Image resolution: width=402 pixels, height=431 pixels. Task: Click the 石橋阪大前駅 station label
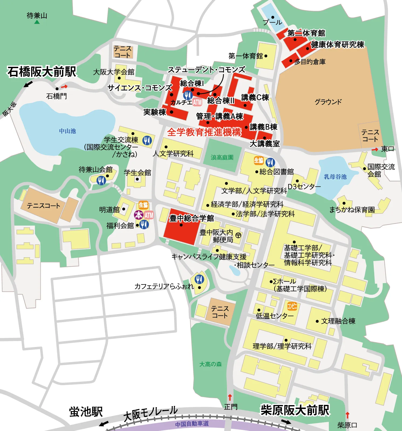pyautogui.click(x=42, y=72)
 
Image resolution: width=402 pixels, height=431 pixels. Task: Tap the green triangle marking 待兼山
pyautogui.click(x=37, y=22)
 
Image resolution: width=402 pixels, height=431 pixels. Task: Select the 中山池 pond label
pyautogui.click(x=67, y=131)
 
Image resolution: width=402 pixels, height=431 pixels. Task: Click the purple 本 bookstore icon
pyautogui.click(x=139, y=215)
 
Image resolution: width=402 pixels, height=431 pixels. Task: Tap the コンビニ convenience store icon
pyautogui.click(x=292, y=306)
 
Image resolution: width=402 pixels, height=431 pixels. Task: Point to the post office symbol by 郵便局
pyautogui.click(x=238, y=235)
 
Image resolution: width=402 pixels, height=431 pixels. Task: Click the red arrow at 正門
pyautogui.click(x=230, y=397)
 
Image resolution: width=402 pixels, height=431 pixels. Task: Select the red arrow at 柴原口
pyautogui.click(x=348, y=415)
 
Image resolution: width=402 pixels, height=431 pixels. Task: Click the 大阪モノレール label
pyautogui.click(x=150, y=413)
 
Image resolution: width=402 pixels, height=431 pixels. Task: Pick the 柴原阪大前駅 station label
pyautogui.click(x=295, y=410)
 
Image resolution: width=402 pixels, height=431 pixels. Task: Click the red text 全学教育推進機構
pyautogui.click(x=204, y=132)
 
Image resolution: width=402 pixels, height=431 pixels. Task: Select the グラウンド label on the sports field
pyautogui.click(x=328, y=102)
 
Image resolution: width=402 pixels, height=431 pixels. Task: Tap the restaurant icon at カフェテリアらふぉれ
pyautogui.click(x=199, y=279)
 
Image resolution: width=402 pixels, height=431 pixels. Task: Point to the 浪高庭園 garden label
pyautogui.click(x=222, y=158)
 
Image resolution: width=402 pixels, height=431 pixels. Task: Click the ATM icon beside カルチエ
pyautogui.click(x=197, y=102)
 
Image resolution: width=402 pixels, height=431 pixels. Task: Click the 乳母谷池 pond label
pyautogui.click(x=335, y=177)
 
